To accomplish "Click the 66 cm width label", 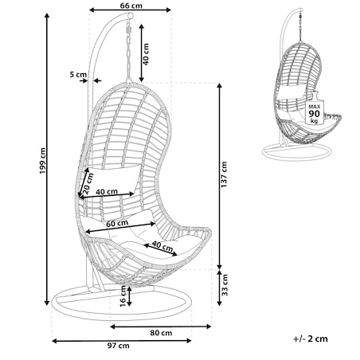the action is coord(131,6).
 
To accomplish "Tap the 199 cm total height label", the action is coord(42,161).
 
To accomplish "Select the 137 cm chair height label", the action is coord(224,174).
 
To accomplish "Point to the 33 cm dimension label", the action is coord(225,285).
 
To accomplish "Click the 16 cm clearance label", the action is coord(123,296).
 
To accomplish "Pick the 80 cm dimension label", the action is coord(161,333).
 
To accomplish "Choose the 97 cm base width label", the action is coord(119,346).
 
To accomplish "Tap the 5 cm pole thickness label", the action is coord(78,75).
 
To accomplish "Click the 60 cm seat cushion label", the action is coord(117,224).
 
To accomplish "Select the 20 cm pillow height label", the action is coord(88,183).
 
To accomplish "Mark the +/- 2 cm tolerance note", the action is coord(311,338).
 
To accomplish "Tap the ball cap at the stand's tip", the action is coord(130,16).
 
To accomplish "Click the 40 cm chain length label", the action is coord(146,54).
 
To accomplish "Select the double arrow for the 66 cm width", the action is coord(130,10).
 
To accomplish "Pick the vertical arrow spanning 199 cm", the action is coord(47,159).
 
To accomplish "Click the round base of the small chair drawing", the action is coord(297,152).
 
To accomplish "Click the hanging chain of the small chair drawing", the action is coord(301,26).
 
